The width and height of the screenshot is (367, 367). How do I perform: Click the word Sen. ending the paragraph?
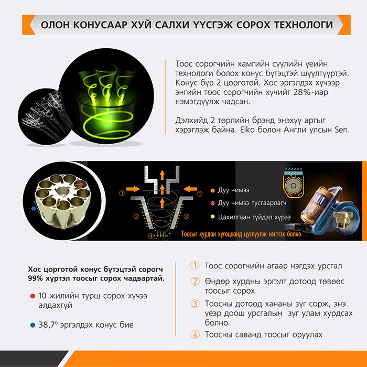pos(342,129)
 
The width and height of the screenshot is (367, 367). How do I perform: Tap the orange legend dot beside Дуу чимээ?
pos(212,190)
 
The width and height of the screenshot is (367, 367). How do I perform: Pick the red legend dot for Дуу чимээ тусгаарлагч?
pos(212,203)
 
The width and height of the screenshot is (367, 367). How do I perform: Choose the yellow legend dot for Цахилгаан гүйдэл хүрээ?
pos(212,217)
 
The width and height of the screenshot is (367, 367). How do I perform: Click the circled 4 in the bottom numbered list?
pos(195,334)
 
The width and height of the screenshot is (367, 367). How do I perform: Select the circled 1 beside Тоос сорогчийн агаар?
pos(195,265)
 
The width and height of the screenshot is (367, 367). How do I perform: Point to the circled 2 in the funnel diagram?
pos(136,217)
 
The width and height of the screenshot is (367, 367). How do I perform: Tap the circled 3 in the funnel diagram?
pos(186,217)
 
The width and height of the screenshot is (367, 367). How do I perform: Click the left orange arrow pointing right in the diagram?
pos(133,189)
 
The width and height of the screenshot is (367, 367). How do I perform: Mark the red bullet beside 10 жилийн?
pos(33,296)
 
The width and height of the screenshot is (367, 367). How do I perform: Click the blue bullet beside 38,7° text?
pos(33,325)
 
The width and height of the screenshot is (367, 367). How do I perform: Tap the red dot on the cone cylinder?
pos(81,184)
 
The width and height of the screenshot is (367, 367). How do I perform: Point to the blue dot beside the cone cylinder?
pos(34,208)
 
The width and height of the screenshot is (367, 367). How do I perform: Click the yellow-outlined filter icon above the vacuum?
pos(293,183)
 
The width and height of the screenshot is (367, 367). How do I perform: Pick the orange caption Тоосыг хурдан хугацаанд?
pos(241,234)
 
